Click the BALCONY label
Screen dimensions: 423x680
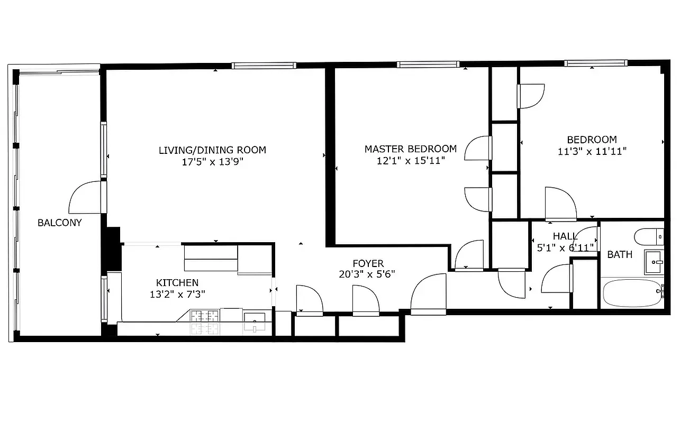[60, 223]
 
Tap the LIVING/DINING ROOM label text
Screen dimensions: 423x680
[212, 150]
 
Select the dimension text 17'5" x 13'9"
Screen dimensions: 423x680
[212, 162]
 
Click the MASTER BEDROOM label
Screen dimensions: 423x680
[411, 149]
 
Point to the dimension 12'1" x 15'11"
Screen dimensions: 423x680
[411, 161]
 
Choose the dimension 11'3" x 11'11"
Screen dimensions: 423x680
[592, 151]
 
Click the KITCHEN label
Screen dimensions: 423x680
[177, 283]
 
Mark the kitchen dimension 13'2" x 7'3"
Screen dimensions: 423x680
[177, 294]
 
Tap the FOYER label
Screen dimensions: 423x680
[368, 263]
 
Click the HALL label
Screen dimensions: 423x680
[565, 236]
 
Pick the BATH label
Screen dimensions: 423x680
[620, 255]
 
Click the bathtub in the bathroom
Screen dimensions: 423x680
[632, 293]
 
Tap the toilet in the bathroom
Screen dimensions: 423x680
[649, 236]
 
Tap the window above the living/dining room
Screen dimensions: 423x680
[264, 66]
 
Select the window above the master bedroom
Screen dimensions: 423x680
[428, 65]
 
